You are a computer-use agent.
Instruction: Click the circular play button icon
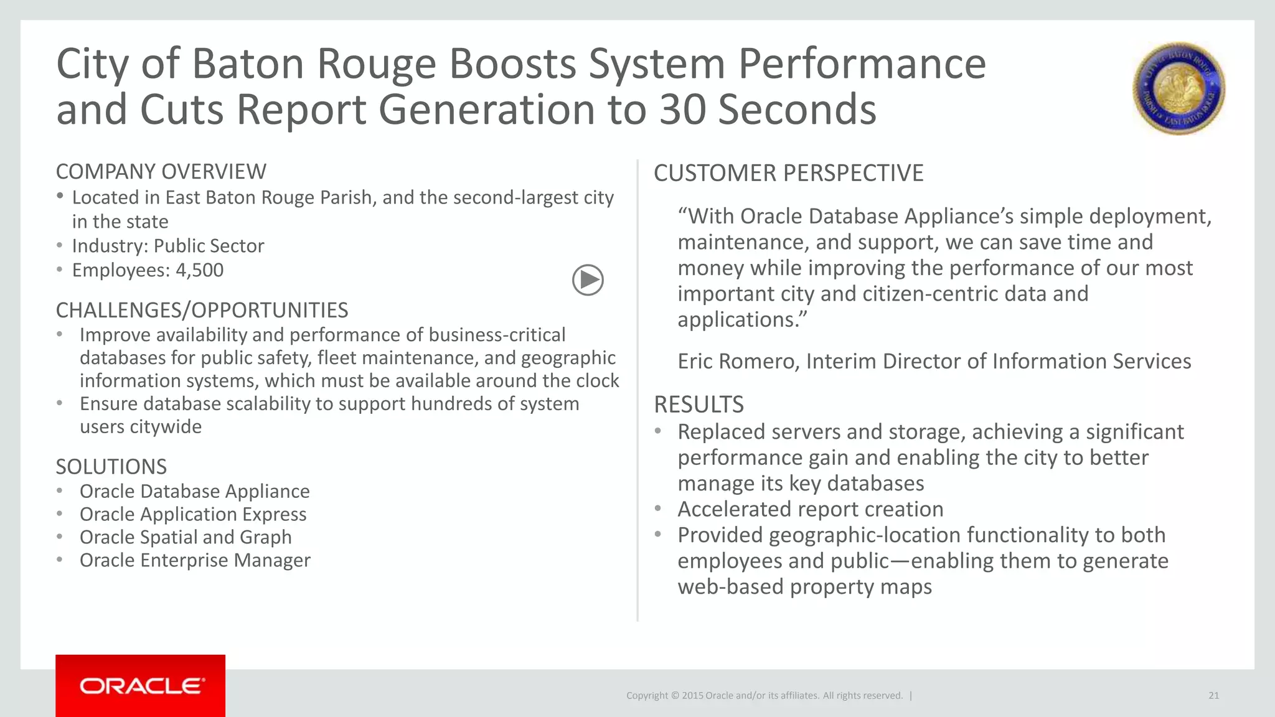pos(588,280)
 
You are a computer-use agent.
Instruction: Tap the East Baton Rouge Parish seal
pos(1178,89)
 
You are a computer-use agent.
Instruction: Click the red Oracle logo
pos(141,686)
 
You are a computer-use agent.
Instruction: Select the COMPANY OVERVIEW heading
pos(161,172)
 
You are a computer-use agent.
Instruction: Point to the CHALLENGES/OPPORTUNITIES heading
pos(202,310)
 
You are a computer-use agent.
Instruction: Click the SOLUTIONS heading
pos(111,467)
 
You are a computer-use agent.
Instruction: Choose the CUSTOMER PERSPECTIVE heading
pos(788,173)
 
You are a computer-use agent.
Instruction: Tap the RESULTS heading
pos(699,405)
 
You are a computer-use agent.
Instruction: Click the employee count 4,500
pos(199,270)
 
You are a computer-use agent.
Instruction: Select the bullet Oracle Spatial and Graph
pos(186,537)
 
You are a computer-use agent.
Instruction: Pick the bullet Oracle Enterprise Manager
pos(195,560)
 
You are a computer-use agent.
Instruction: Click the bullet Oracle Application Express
pos(193,514)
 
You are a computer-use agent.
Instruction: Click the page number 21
pos(1213,696)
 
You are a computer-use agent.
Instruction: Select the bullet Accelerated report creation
pos(810,509)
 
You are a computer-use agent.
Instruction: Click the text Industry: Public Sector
pos(168,246)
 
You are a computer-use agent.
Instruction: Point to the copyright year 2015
pos(692,696)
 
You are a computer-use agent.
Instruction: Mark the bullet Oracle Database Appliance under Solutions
pos(194,491)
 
